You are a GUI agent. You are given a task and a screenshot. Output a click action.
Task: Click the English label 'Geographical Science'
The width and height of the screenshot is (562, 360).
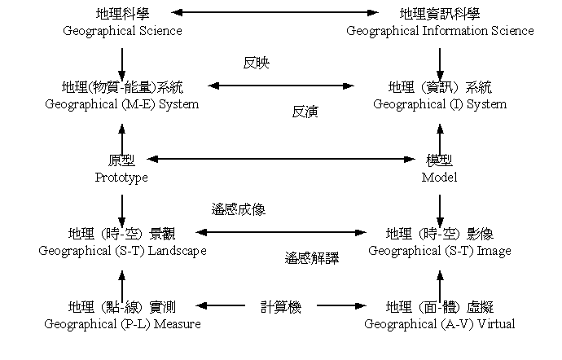click(x=122, y=31)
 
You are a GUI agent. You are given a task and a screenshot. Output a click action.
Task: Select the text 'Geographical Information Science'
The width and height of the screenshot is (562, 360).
click(x=440, y=31)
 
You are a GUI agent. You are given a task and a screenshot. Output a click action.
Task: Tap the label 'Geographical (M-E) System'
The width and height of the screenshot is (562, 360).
click(x=122, y=104)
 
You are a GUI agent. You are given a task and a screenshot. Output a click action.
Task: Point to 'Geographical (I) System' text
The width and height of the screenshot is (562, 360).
click(x=440, y=104)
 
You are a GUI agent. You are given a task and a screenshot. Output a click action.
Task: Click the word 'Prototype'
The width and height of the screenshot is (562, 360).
click(x=121, y=178)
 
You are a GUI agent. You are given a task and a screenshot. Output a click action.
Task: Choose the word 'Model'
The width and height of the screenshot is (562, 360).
click(x=440, y=177)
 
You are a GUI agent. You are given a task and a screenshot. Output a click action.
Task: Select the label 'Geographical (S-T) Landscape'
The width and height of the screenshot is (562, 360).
click(x=122, y=251)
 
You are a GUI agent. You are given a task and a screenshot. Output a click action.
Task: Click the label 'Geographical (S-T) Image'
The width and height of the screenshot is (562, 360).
click(x=440, y=251)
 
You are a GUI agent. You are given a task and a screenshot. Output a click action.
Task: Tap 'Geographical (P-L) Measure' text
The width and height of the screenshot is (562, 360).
click(x=122, y=324)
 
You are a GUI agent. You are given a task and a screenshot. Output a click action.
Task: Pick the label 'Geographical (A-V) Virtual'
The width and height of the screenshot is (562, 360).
click(x=440, y=324)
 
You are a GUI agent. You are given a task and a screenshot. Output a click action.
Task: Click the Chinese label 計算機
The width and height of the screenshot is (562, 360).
click(x=281, y=307)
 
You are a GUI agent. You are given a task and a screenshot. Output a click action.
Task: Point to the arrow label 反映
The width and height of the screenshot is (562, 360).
click(x=257, y=63)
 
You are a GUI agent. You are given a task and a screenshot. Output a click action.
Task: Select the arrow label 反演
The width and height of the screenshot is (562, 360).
click(x=305, y=112)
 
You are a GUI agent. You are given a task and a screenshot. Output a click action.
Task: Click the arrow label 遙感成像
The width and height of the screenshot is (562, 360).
click(x=239, y=209)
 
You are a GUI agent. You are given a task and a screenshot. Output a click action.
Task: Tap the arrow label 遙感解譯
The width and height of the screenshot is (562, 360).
click(x=312, y=258)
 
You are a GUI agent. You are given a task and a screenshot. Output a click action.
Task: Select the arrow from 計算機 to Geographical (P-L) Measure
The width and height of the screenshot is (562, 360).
click(x=221, y=305)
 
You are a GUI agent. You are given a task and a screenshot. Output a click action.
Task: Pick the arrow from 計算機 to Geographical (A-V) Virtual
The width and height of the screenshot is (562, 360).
click(x=341, y=305)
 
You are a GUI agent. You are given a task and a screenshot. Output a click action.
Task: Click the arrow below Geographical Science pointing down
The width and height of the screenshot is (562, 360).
click(x=122, y=64)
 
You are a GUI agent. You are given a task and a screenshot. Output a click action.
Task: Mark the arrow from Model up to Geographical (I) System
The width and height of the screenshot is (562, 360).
click(x=440, y=140)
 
